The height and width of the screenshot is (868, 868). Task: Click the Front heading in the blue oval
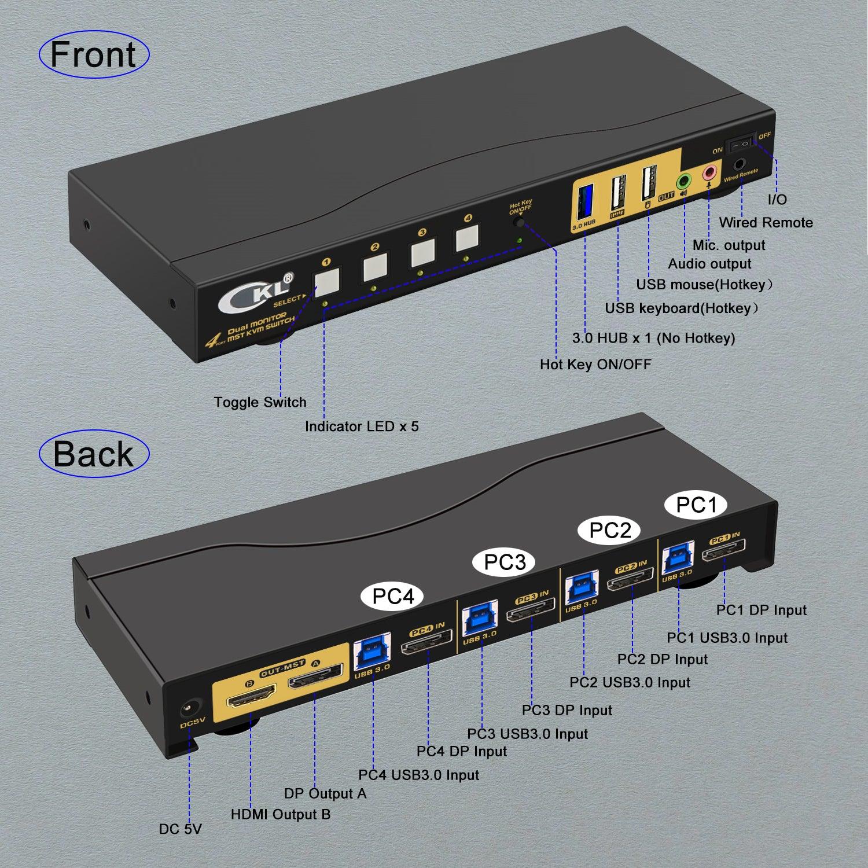[93, 55]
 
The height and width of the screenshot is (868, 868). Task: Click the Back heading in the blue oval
[93, 454]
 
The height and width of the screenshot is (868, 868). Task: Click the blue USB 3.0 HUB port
[583, 200]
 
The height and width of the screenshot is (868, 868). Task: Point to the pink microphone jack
[709, 172]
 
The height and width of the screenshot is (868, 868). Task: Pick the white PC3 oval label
[505, 562]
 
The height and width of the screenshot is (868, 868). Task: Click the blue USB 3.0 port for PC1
[678, 557]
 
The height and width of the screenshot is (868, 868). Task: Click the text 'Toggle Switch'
[260, 402]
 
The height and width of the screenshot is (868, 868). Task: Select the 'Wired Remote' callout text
[765, 223]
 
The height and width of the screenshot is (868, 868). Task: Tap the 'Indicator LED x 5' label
[362, 426]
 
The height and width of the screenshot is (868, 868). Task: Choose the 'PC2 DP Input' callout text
[662, 659]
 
